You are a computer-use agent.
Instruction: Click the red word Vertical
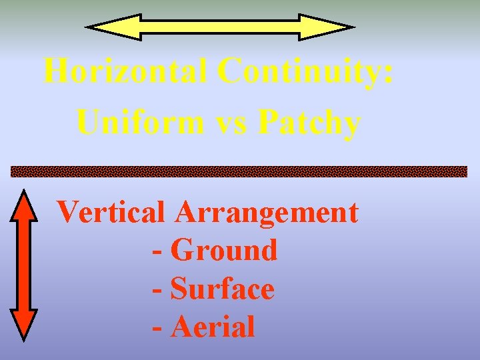click(111, 213)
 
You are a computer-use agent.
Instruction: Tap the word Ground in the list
click(224, 251)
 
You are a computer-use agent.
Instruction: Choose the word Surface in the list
click(222, 289)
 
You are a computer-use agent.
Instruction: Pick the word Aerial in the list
click(213, 327)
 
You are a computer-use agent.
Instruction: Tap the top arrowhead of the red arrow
click(25, 207)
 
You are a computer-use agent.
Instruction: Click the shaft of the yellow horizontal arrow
click(220, 27)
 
